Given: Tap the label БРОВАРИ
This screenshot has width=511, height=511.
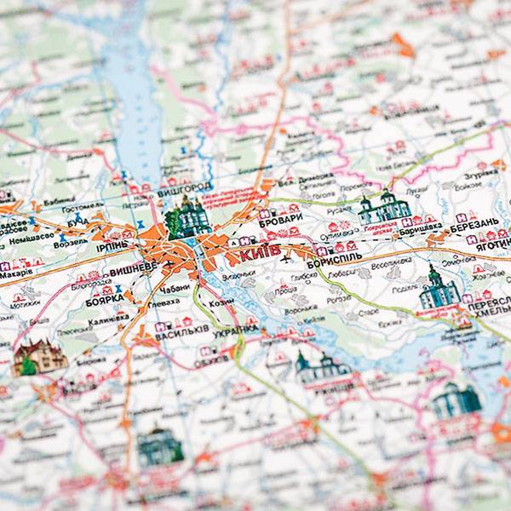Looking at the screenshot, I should pyautogui.click(x=282, y=219).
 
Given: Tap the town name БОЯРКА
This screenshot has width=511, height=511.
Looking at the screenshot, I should pyautogui.click(x=103, y=299).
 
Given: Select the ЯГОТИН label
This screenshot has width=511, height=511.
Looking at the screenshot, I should pyautogui.click(x=488, y=240).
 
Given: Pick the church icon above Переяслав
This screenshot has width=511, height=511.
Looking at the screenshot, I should pyautogui.click(x=439, y=289).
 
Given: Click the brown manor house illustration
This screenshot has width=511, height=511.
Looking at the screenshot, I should pyautogui.click(x=39, y=356).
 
